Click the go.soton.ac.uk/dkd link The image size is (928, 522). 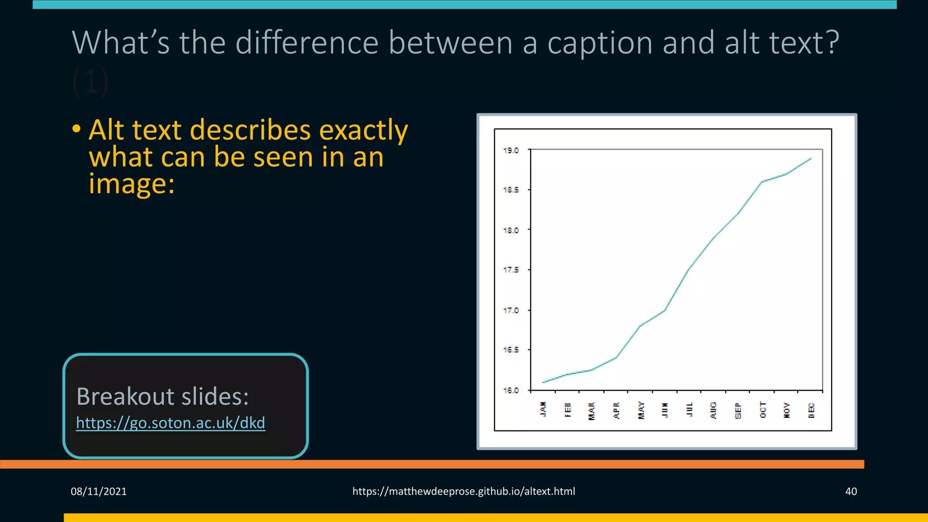click(x=170, y=423)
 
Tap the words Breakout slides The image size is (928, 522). click(x=162, y=396)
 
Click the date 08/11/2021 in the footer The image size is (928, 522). click(x=98, y=491)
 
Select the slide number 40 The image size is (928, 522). click(x=851, y=491)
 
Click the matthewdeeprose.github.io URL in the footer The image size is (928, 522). click(x=464, y=491)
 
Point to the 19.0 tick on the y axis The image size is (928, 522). click(x=511, y=150)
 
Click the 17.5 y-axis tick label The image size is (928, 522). click(x=511, y=270)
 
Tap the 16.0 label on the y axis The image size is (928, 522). click(x=511, y=390)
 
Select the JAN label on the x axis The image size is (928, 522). click(x=543, y=409)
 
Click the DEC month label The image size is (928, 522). click(x=811, y=410)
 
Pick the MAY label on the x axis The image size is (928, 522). click(x=641, y=410)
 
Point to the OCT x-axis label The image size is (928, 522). click(x=763, y=410)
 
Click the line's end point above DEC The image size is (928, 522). click(x=811, y=158)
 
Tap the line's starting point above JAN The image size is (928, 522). click(x=543, y=382)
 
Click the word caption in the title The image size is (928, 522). click(x=600, y=43)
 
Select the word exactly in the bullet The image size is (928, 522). click(x=363, y=130)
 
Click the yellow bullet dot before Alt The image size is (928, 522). click(x=77, y=129)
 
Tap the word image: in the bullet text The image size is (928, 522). click(x=131, y=184)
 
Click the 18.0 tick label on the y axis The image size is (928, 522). click(x=511, y=230)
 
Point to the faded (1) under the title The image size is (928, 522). click(x=90, y=82)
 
